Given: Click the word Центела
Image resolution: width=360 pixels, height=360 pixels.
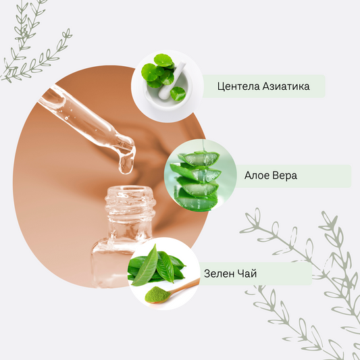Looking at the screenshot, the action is click(x=238, y=86).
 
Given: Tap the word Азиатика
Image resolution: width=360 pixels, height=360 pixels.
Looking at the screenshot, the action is click(x=286, y=86).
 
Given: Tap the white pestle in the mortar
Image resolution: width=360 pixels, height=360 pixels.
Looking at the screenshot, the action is click(x=172, y=81).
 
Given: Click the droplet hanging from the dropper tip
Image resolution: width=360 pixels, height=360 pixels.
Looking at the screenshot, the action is click(x=126, y=163).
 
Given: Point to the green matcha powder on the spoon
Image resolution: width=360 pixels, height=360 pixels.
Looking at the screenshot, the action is click(x=157, y=294).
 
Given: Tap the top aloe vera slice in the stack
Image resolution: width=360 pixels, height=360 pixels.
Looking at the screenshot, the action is click(x=199, y=158).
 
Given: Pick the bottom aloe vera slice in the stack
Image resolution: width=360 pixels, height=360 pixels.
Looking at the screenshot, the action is click(x=196, y=201).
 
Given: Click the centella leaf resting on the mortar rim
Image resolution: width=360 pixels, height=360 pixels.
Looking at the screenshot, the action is click(x=178, y=93).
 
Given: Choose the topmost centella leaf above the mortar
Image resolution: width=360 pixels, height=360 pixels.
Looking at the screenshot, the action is click(x=163, y=60).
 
